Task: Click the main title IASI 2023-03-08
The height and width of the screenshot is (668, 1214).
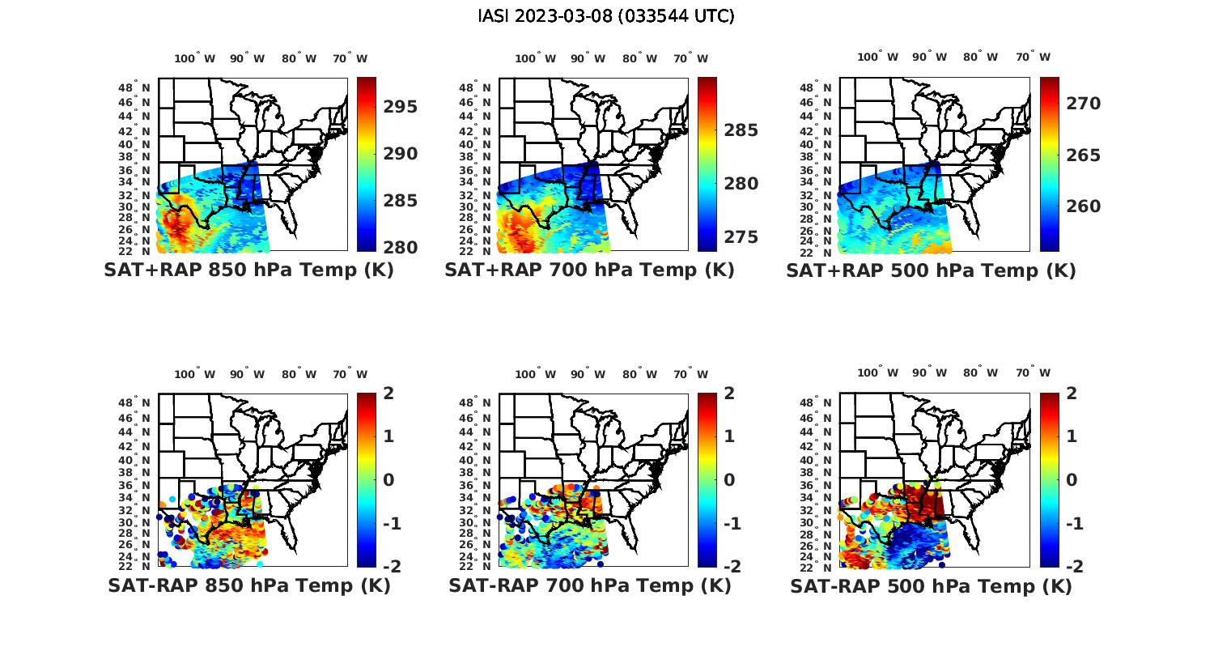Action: click(606, 16)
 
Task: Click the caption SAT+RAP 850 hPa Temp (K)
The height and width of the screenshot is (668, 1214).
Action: click(248, 270)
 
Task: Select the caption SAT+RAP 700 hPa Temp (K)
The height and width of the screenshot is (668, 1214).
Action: click(589, 270)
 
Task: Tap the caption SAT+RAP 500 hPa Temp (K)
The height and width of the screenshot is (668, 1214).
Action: click(931, 271)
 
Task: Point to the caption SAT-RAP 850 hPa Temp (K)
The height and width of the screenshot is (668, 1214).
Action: click(248, 585)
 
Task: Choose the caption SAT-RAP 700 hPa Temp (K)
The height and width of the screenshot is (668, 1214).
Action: click(589, 585)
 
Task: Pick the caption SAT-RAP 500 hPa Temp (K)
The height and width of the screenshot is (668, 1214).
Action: click(931, 586)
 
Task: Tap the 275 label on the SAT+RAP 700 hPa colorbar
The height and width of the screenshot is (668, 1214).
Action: click(741, 237)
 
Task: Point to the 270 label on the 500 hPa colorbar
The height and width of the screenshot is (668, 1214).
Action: click(1083, 104)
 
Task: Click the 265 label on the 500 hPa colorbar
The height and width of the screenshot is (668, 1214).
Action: click(1083, 155)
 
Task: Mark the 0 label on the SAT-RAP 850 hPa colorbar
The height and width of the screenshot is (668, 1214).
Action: click(388, 480)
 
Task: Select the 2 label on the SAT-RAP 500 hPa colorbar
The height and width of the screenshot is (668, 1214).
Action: click(1072, 394)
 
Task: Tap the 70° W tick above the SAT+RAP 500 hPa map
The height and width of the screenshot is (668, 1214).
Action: click(1033, 57)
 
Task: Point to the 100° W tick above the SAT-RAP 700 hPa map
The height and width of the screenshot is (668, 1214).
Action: click(535, 374)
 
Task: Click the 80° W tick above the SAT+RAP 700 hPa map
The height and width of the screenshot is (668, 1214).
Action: click(640, 58)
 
